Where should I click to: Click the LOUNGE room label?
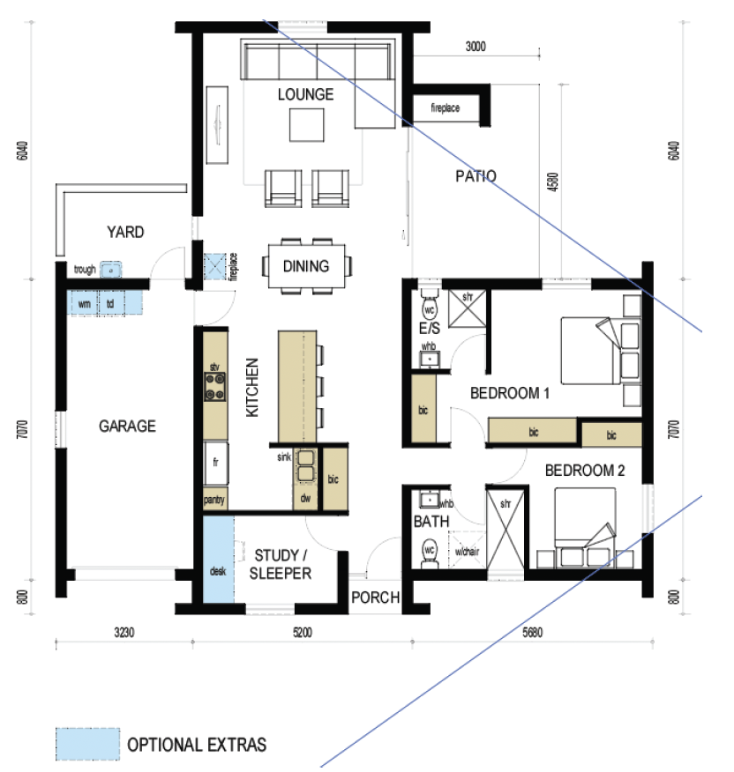305,94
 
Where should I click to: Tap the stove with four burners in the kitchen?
215,387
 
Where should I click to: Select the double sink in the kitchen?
305,465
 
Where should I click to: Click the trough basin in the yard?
111,271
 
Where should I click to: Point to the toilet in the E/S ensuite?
430,305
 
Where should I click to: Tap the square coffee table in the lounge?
307,125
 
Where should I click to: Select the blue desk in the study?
219,560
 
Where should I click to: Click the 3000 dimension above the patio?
476,47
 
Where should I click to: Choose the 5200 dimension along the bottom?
303,632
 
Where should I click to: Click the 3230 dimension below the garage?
124,632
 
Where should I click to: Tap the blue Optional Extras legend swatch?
87,744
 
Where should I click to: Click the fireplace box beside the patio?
446,108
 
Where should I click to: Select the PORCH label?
375,598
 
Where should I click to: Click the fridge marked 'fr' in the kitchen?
216,464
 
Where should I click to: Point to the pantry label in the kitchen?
214,501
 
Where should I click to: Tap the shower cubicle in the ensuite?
468,308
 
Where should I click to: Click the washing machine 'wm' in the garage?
84,303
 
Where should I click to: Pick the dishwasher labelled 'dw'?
305,498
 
